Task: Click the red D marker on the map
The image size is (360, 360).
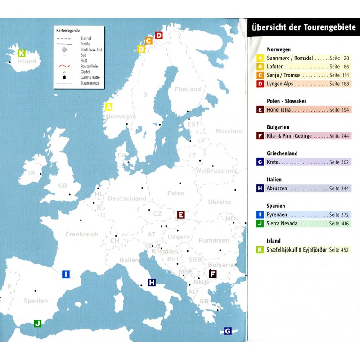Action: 159,35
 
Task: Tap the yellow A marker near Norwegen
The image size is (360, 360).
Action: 108,107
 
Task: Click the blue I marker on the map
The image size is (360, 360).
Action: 66,274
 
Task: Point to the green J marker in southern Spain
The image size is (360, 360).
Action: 38,323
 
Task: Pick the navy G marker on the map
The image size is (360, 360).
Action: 228,331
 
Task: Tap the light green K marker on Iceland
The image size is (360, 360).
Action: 21,53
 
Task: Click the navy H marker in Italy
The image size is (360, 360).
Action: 152,283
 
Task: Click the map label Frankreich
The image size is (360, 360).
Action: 81,234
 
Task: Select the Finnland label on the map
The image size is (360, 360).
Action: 188,90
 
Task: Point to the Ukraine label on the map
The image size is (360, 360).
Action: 219,202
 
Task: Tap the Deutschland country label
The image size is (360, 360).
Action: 127,198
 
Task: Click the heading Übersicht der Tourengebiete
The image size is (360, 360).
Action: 304,27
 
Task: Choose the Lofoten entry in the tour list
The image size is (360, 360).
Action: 275,67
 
